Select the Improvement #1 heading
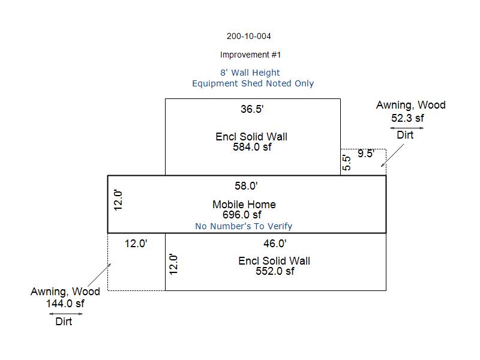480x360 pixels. tap(250, 55)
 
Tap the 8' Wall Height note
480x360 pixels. tap(250, 73)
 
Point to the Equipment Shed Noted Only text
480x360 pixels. tap(253, 83)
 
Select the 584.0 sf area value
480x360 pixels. tap(252, 147)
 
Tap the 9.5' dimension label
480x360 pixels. tap(366, 154)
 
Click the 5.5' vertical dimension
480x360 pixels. tap(346, 163)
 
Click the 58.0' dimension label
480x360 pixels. tap(247, 186)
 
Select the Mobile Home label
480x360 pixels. tap(244, 205)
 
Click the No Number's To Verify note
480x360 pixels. tap(244, 226)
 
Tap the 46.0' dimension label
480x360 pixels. tap(275, 244)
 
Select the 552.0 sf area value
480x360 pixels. tap(275, 271)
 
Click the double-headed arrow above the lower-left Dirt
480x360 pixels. tap(60, 313)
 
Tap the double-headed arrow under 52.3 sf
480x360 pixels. tap(406, 128)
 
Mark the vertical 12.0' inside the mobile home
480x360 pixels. tap(118, 200)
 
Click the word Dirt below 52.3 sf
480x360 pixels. tap(405, 136)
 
